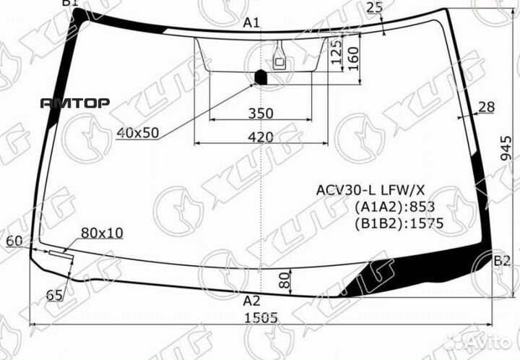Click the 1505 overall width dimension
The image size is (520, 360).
coord(261,318)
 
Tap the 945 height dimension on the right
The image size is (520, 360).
coord(506,149)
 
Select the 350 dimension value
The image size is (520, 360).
coord(261,113)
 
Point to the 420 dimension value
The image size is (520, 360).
coord(261,137)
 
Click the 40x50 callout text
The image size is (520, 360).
coord(138,133)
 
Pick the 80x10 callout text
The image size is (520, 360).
coord(102,233)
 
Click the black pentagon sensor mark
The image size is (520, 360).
coord(261,77)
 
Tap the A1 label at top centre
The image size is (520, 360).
coord(252,23)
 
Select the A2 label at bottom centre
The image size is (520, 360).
coord(252,301)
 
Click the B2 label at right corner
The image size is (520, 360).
coord(502,261)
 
